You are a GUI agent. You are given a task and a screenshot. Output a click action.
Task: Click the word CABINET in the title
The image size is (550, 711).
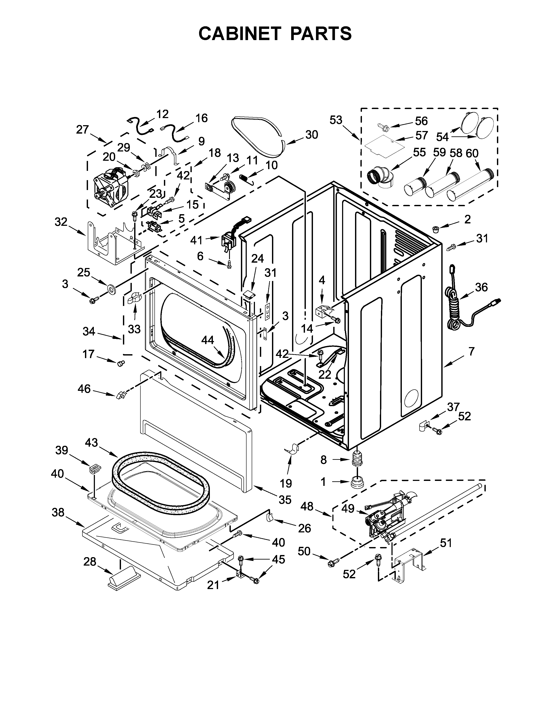pyautogui.click(x=239, y=33)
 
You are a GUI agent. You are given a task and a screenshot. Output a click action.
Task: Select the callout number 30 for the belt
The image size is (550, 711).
pyautogui.click(x=311, y=134)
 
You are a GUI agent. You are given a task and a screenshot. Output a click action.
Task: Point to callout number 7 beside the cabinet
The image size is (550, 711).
pyautogui.click(x=471, y=351)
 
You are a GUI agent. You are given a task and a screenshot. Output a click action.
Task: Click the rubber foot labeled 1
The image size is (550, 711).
pyautogui.click(x=357, y=481)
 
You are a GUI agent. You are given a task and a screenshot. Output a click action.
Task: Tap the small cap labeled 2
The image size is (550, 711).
pyautogui.click(x=435, y=229)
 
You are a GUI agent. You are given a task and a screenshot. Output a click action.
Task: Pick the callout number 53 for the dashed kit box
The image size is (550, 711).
pyautogui.click(x=336, y=120)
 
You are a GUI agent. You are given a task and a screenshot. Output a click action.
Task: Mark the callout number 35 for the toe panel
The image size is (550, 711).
pyautogui.click(x=285, y=499)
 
